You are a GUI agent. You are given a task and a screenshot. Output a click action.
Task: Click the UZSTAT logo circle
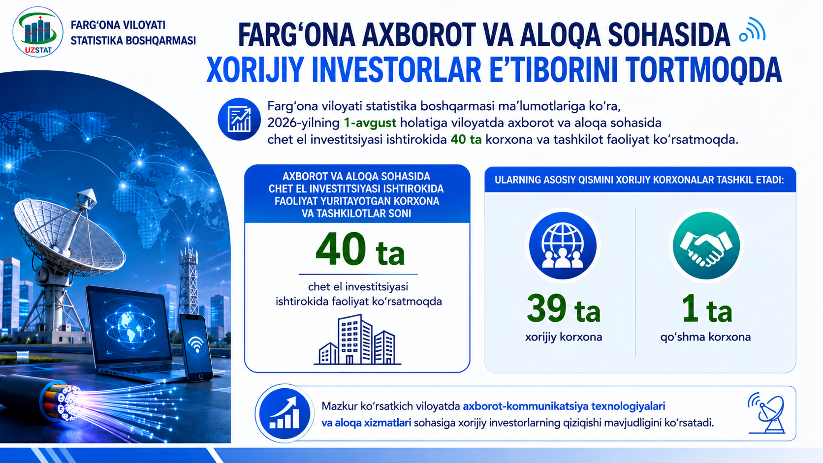pyautogui.click(x=38, y=32)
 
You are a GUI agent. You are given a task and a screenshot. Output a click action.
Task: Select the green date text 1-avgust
pyautogui.click(x=370, y=123)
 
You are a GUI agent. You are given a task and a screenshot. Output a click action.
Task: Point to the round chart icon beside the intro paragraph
pyautogui.click(x=239, y=119)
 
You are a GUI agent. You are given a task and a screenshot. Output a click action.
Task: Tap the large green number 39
pyautogui.click(x=547, y=309)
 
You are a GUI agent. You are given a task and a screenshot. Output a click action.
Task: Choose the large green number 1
pyautogui.click(x=690, y=309)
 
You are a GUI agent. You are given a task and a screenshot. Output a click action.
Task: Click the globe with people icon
pyautogui.click(x=563, y=246)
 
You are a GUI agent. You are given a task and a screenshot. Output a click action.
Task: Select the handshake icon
pyautogui.click(x=706, y=246)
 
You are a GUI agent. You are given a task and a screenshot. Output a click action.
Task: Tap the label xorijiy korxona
pyautogui.click(x=564, y=337)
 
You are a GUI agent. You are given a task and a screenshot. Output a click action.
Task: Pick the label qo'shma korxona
pyautogui.click(x=705, y=337)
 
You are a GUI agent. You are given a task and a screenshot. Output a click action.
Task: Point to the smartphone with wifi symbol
pyautogui.click(x=196, y=347)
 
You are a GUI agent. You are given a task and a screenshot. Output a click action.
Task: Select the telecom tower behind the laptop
pyautogui.click(x=189, y=279)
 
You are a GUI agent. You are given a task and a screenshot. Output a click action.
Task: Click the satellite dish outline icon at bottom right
pyautogui.click(x=767, y=413)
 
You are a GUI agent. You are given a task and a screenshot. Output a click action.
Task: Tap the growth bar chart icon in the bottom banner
pyautogui.click(x=285, y=413)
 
